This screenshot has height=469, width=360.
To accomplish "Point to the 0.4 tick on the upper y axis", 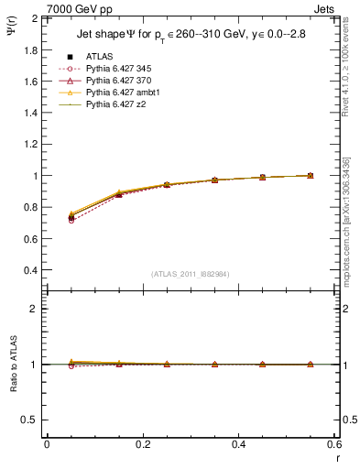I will (x=29, y=270).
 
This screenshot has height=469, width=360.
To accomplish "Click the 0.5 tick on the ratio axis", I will (x=29, y=420).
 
